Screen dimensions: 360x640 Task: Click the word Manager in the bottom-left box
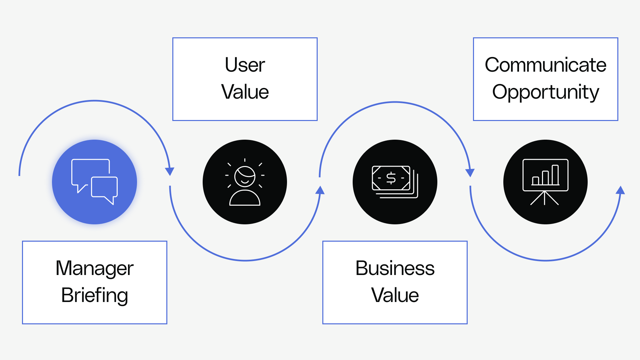coord(94,269)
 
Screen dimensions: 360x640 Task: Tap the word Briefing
coord(94,296)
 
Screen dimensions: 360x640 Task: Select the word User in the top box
coord(245,65)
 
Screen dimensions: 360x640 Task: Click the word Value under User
coord(245,92)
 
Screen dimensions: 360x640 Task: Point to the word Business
coord(395,268)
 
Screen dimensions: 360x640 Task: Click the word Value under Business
coord(395,295)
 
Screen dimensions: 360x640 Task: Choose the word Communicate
coord(545,65)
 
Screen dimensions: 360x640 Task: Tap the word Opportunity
coord(545,92)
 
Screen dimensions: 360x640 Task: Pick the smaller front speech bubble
coord(104,187)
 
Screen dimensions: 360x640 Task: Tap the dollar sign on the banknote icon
coord(391,178)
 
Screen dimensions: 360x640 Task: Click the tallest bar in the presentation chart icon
coord(555,175)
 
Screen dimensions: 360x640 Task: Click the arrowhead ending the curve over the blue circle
coord(170,171)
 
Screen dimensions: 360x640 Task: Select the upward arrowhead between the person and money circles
coord(320,190)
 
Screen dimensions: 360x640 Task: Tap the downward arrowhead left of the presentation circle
coord(470,173)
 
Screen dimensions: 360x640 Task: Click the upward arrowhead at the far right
coord(620,190)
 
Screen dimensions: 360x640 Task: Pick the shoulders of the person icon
coord(245,199)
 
